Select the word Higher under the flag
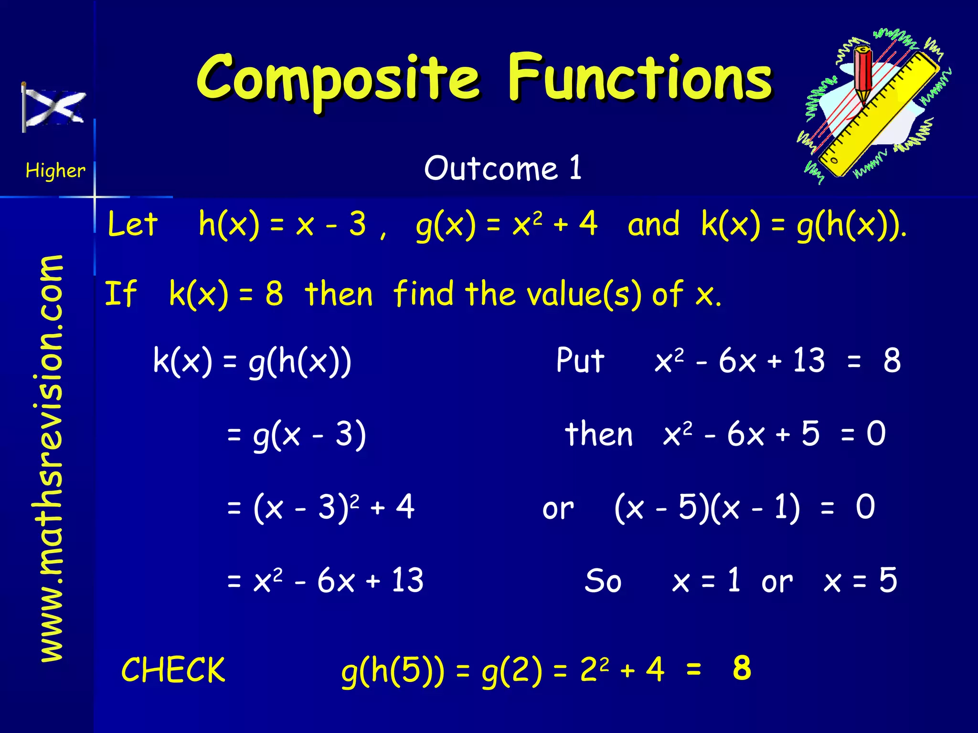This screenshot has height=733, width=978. pos(55,170)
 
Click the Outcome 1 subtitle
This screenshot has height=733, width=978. pos(502,168)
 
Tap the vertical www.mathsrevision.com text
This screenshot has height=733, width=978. pos(51,458)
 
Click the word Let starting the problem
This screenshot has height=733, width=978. pos(132,224)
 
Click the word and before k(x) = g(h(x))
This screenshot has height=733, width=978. pos(653,224)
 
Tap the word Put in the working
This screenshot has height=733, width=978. pos(580,360)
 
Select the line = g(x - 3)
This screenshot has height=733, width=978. pos(296,435)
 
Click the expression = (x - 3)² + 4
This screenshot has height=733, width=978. pos(320,507)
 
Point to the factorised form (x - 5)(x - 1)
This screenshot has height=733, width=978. pos(707,507)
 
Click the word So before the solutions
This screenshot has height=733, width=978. pos(603,581)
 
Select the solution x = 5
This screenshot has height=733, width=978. pos(860,581)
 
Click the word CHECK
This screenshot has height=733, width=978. pos(173,670)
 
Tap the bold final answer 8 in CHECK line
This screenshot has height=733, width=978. pos(742,668)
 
